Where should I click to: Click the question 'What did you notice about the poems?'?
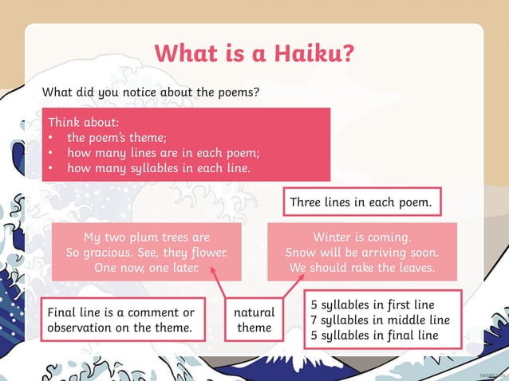pyautogui.click(x=151, y=92)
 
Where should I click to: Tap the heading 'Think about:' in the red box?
pyautogui.click(x=83, y=123)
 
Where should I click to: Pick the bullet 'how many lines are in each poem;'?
pyautogui.click(x=163, y=153)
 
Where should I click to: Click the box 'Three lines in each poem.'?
pyautogui.click(x=361, y=202)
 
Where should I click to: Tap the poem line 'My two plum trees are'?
pyautogui.click(x=147, y=237)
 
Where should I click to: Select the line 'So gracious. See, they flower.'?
pyautogui.click(x=147, y=253)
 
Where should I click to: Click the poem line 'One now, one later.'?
pyautogui.click(x=147, y=268)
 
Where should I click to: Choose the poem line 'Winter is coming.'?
pyautogui.click(x=362, y=237)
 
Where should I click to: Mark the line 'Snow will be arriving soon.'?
pyautogui.click(x=362, y=253)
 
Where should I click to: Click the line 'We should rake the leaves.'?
pyautogui.click(x=362, y=268)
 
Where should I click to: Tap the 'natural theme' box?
pyautogui.click(x=254, y=320)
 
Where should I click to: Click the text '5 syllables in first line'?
pyautogui.click(x=373, y=304)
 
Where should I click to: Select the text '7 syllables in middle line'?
pyautogui.click(x=380, y=320)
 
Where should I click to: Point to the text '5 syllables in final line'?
pyautogui.click(x=374, y=335)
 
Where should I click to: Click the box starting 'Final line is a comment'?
pyautogui.click(x=120, y=320)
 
